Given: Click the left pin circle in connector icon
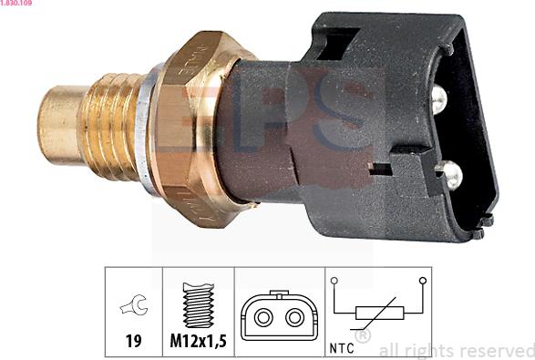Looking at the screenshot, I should [x=263, y=317].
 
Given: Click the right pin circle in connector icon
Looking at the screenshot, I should [x=293, y=317].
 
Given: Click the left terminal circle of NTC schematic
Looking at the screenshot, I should [x=334, y=281].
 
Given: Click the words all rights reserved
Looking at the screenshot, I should [x=456, y=350].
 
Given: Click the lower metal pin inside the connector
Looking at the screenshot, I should [x=448, y=170].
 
